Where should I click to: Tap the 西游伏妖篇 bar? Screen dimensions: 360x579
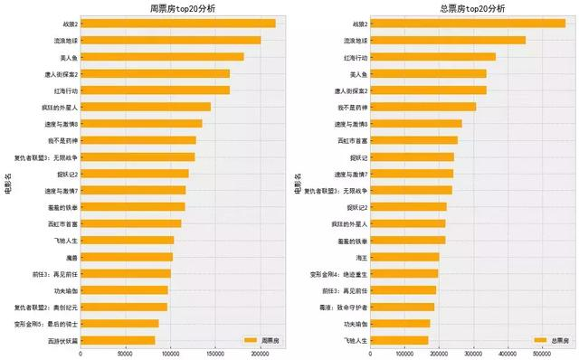click(x=118, y=340)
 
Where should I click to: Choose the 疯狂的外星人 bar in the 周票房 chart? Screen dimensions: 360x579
click(x=146, y=107)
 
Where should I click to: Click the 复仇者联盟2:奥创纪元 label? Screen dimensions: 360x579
click(x=46, y=307)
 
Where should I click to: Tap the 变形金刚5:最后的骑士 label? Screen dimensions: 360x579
click(x=46, y=323)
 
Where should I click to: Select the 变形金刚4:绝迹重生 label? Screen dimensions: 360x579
click(x=313, y=273)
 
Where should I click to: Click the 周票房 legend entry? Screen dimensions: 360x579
click(x=261, y=340)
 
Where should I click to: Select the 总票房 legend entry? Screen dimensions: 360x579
click(x=551, y=340)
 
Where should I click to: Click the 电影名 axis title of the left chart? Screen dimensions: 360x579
click(x=8, y=181)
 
